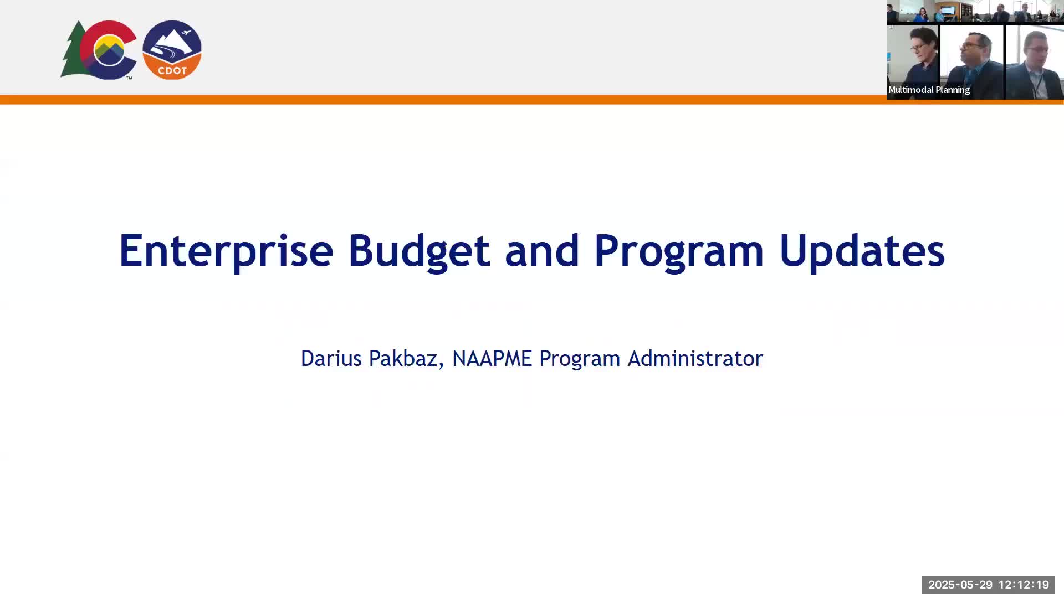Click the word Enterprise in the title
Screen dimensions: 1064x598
coord(226,251)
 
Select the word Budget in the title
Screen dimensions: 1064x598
coord(419,251)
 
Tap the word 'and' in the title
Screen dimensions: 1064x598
coord(542,250)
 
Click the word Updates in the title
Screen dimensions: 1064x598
coord(862,250)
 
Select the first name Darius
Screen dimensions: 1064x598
coord(331,358)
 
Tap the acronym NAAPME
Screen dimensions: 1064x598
coord(492,358)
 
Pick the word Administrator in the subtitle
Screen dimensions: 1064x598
coord(695,358)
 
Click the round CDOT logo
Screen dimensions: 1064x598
coord(172,50)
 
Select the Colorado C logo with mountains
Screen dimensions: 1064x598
coord(109,50)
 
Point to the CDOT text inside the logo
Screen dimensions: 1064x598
coord(172,71)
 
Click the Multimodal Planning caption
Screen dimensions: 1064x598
coord(929,90)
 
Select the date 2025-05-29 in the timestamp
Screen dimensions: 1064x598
coord(960,585)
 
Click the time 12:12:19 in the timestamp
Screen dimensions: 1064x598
coord(1024,585)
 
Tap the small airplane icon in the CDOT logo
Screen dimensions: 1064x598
coord(186,33)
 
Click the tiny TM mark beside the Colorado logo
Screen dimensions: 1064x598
coord(129,78)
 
